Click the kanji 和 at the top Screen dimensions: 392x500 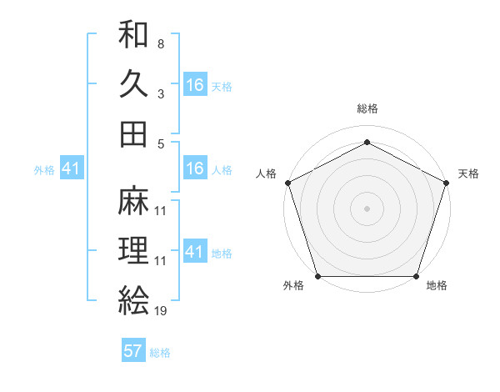pos(133,35)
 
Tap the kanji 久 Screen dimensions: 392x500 pos(133,84)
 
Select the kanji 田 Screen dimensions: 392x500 pos(133,133)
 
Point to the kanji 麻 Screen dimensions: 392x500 pos(133,201)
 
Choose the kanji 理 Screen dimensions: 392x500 pos(133,250)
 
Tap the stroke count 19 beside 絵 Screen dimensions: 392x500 pos(161,310)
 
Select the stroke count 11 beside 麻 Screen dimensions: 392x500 pos(161,210)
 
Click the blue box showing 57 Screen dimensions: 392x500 pos(133,351)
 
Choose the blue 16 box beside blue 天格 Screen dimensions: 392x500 pos(195,84)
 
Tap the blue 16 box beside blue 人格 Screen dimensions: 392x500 pos(195,168)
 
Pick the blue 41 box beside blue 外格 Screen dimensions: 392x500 pos(71,168)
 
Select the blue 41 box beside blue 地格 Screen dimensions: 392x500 pos(195,252)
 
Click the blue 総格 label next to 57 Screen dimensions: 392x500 pos(160,353)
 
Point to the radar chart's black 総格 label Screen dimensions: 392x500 pos(367,109)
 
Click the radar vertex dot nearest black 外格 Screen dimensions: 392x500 pos(318,276)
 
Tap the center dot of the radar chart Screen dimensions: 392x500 pos(367,209)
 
